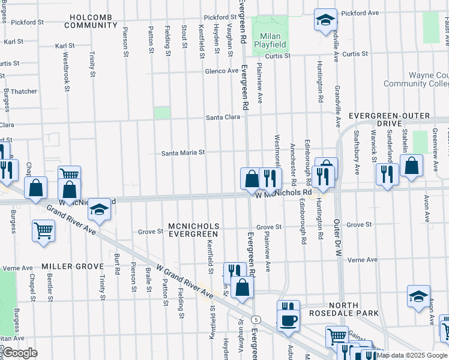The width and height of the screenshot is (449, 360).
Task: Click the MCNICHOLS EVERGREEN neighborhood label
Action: coord(194,230)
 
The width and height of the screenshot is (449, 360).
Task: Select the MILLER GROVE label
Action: coord(65,266)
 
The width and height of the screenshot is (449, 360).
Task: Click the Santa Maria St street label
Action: coord(183,153)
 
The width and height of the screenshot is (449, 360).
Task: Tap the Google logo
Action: coord(20,352)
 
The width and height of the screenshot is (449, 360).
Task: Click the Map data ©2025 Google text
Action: coord(412,355)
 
